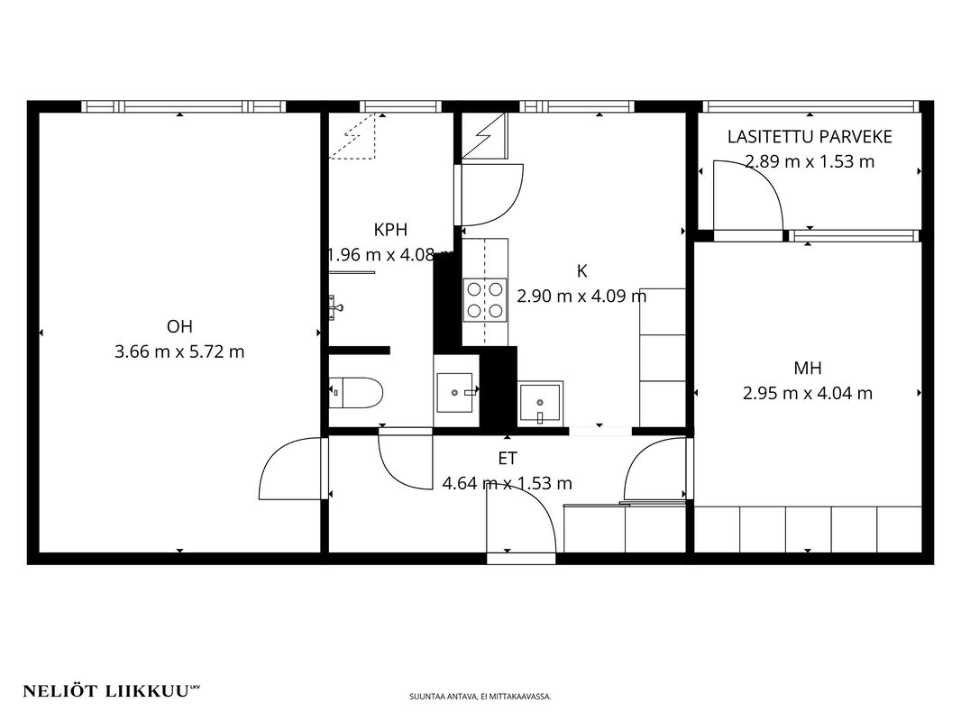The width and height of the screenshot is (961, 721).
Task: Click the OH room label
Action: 179,326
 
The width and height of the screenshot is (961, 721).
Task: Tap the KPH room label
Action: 390,230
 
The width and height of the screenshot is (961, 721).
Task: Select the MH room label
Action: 807,368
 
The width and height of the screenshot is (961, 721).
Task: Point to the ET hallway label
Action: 508,458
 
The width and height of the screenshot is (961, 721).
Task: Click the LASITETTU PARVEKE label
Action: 810,137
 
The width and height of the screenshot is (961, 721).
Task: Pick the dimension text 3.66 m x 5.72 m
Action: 179,351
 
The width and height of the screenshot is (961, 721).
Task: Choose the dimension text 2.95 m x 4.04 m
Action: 807,393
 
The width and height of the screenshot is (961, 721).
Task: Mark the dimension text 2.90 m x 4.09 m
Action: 581,297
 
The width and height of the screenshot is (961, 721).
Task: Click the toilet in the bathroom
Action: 356,393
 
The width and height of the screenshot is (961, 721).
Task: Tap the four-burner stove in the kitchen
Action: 485,299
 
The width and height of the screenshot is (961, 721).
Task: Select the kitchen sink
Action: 540,403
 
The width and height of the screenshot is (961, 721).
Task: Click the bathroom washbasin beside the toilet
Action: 456,392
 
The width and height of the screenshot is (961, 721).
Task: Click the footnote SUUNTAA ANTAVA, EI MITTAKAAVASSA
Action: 480,697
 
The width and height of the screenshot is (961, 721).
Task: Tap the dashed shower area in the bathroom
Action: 352,136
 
